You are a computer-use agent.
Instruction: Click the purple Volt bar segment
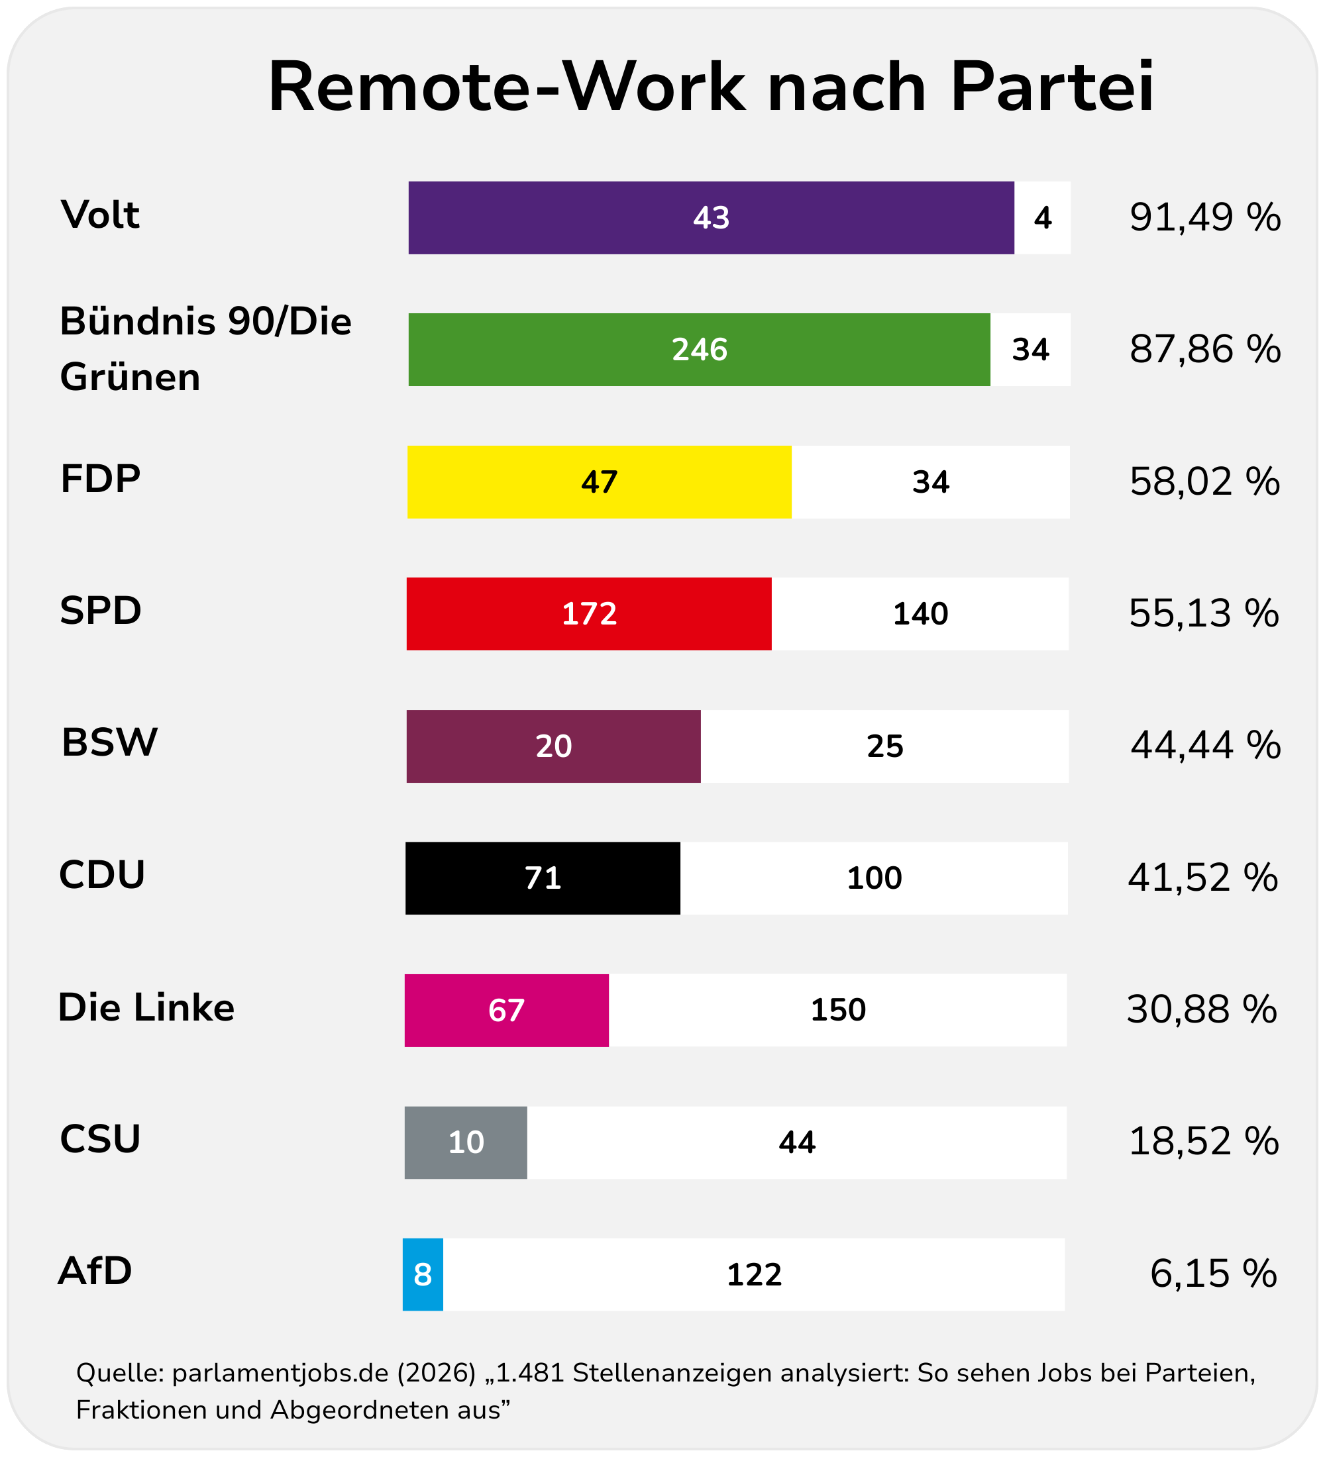[x=711, y=217]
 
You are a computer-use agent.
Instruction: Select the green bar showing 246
[x=699, y=350]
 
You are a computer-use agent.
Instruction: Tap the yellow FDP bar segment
[x=600, y=482]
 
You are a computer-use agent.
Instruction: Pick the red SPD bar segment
[x=588, y=613]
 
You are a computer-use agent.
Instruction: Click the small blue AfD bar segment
[x=423, y=1274]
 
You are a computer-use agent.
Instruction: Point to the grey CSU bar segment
[x=466, y=1142]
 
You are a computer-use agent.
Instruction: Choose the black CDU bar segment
[x=542, y=878]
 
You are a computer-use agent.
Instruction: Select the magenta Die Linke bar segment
[x=506, y=1010]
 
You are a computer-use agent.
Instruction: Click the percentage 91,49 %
[x=1204, y=217]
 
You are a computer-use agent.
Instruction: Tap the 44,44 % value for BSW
[x=1205, y=745]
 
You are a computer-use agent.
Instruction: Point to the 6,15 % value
[x=1213, y=1274]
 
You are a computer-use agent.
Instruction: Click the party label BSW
[x=109, y=742]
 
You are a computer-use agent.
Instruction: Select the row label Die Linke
[x=146, y=1007]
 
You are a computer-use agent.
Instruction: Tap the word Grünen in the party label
[x=130, y=377]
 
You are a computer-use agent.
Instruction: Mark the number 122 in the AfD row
[x=754, y=1275]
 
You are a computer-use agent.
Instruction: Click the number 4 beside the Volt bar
[x=1042, y=217]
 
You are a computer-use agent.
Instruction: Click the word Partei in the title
[x=1052, y=87]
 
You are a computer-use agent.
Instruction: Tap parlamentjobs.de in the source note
[x=280, y=1372]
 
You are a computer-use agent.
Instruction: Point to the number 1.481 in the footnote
[x=529, y=1372]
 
